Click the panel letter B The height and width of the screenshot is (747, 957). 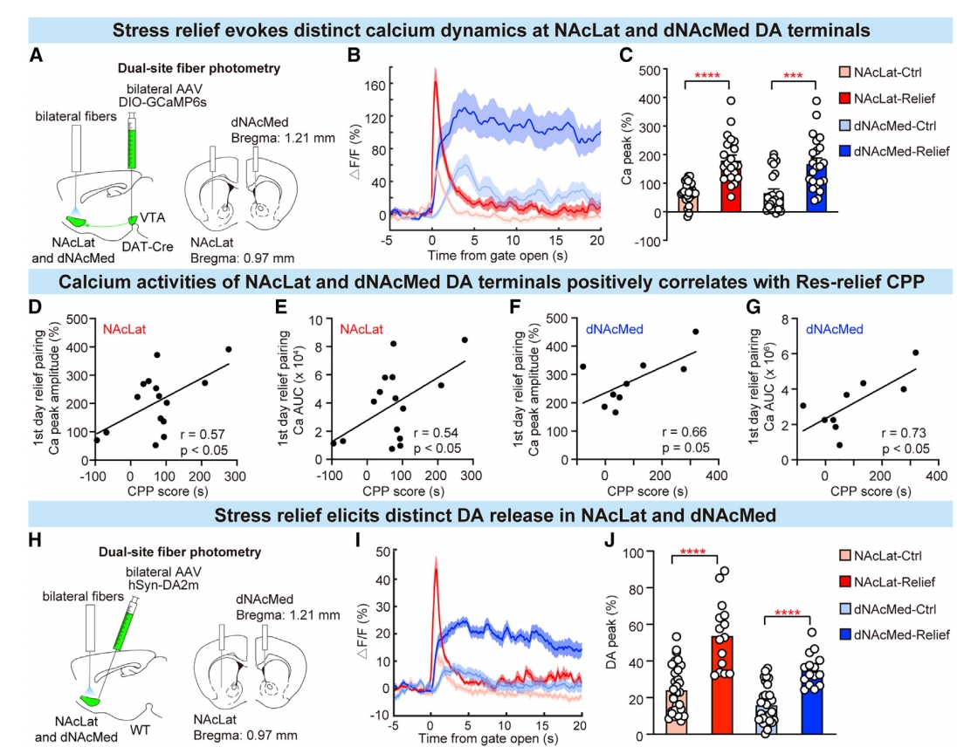coord(354,55)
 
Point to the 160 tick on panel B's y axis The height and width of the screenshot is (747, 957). coord(374,86)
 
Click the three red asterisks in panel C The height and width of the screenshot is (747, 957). coord(792,77)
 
